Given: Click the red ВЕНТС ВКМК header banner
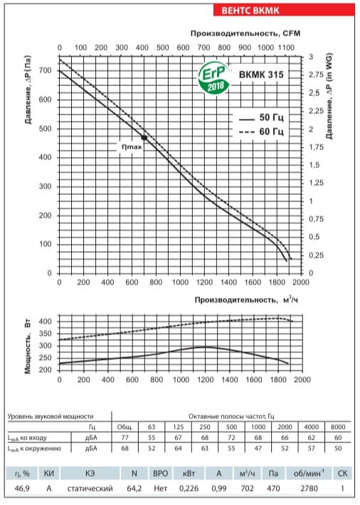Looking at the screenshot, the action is (x=284, y=10).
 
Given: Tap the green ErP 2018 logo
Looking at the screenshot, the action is (x=214, y=78).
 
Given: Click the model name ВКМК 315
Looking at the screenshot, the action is (x=261, y=75).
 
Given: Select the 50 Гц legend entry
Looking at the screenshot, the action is (x=261, y=117).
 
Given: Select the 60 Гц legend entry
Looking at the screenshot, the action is (x=261, y=132).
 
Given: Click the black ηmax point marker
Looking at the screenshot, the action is (x=144, y=137).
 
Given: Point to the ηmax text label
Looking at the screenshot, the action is (x=132, y=147).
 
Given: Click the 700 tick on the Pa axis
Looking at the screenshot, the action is (x=46, y=70).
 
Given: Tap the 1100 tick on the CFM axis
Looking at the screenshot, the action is (x=286, y=48).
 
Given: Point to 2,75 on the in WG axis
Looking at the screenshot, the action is (x=316, y=75).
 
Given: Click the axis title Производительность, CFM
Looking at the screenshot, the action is (x=245, y=33).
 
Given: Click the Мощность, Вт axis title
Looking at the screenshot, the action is (x=28, y=346).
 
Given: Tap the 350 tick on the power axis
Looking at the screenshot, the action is (x=46, y=334).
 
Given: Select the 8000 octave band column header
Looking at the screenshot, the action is (x=338, y=427).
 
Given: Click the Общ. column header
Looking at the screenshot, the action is (x=125, y=427).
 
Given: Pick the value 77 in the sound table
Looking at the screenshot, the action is (x=125, y=437).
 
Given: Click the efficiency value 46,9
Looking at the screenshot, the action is (x=22, y=489).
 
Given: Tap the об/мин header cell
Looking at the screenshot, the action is (x=309, y=473).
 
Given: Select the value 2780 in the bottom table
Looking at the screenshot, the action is (x=309, y=489).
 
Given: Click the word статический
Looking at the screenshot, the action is (x=90, y=489).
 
